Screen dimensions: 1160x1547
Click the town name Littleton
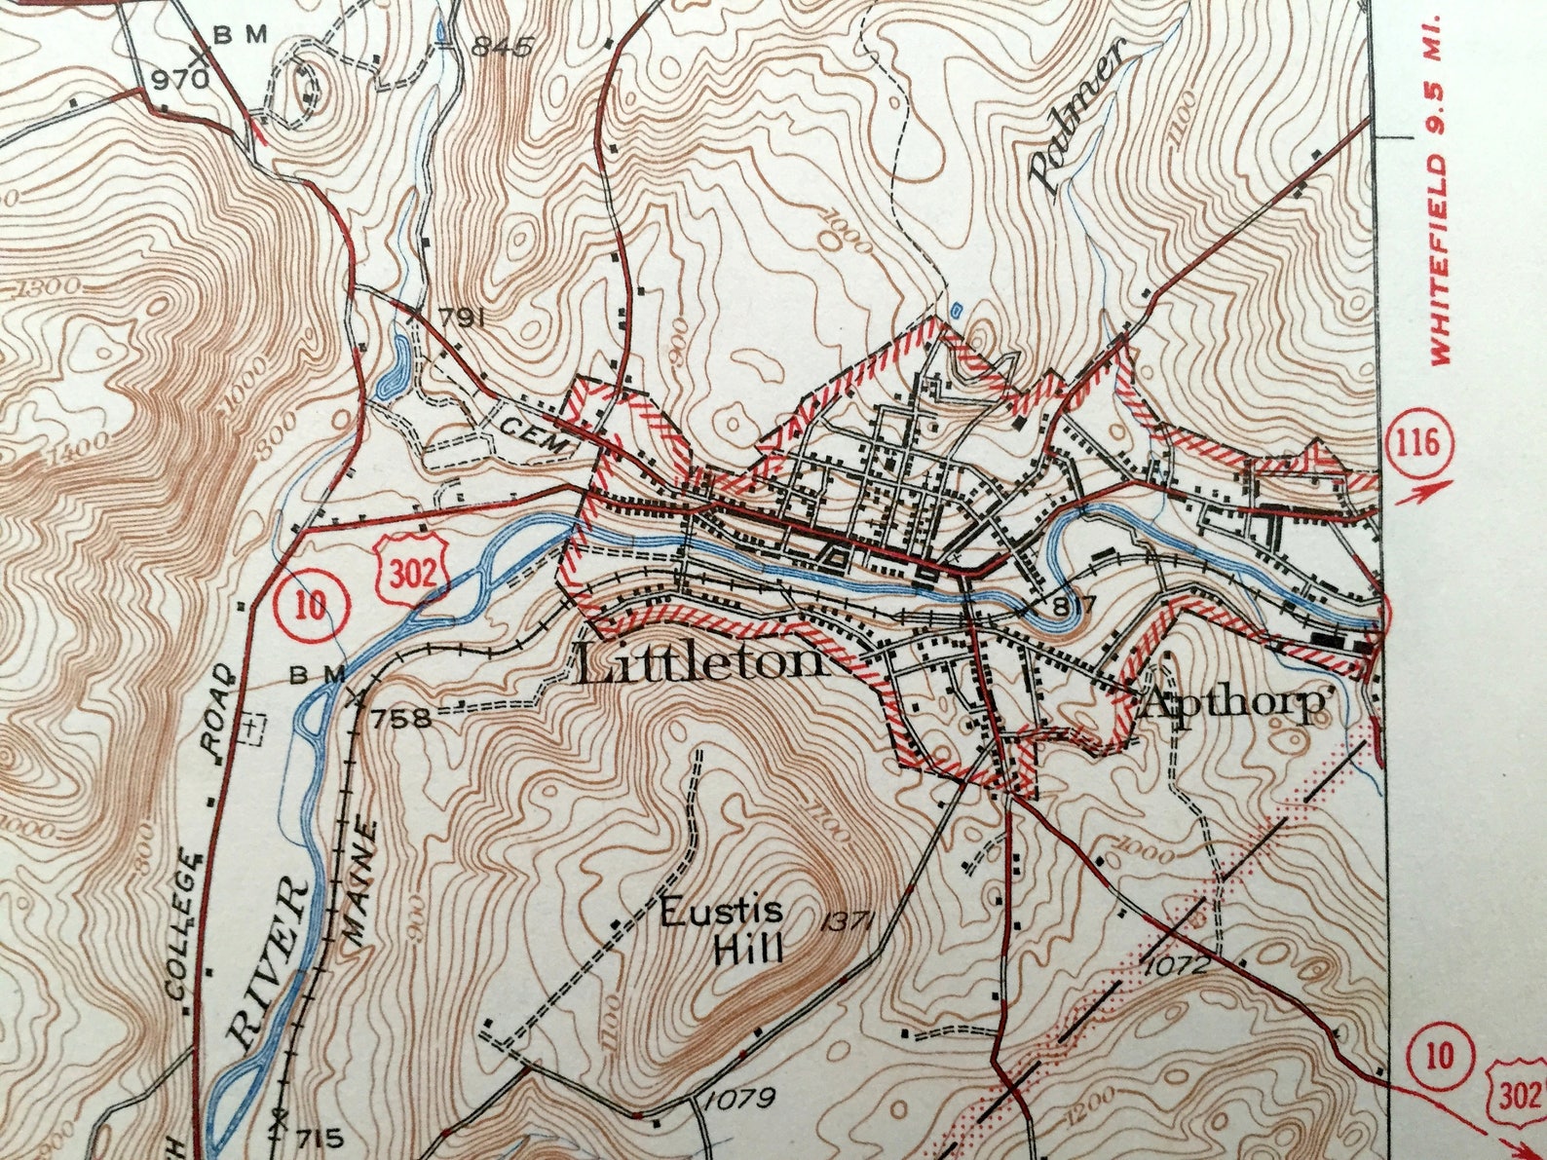(x=699, y=664)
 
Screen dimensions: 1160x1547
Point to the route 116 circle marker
(x=1416, y=444)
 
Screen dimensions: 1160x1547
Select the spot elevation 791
(x=462, y=318)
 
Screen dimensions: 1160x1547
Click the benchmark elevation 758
(x=399, y=719)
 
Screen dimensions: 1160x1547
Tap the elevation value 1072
(x=1178, y=966)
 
